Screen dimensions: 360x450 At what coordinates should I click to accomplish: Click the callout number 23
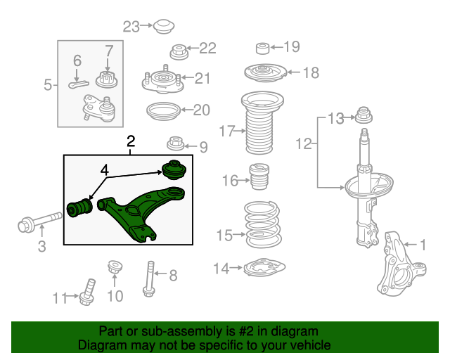[131, 27]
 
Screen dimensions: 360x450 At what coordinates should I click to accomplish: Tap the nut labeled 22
[179, 51]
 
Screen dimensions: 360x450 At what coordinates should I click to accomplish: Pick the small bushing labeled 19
[262, 48]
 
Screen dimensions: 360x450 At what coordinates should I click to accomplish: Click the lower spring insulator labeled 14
[265, 269]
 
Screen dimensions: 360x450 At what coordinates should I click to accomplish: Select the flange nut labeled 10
[115, 268]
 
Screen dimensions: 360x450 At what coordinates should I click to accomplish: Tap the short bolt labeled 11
[89, 291]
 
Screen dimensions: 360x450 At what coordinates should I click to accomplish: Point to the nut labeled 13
[364, 115]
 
